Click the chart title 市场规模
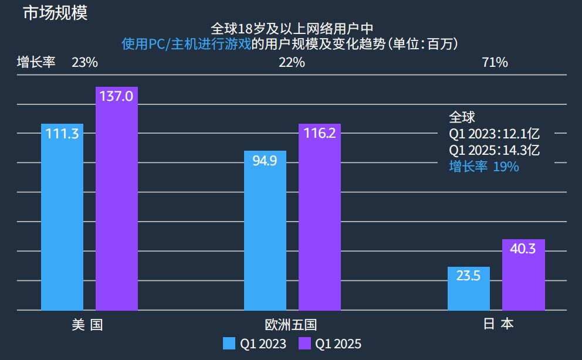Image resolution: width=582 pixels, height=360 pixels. (x=55, y=13)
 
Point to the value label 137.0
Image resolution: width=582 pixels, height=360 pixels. (x=117, y=96)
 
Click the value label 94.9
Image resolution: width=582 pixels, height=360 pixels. (x=265, y=160)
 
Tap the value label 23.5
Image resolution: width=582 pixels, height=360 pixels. (x=468, y=276)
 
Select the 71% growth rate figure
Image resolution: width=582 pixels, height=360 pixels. (x=495, y=63)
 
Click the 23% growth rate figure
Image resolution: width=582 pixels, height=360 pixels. (x=84, y=63)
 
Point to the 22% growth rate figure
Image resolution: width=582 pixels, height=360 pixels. (x=292, y=63)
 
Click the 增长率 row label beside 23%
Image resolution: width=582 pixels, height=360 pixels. (x=36, y=63)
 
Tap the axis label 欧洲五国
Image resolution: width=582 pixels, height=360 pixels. (x=291, y=325)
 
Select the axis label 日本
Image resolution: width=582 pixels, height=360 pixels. (x=498, y=325)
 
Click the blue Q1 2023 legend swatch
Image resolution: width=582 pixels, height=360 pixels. (x=229, y=344)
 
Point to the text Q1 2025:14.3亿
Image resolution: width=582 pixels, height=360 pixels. (x=494, y=150)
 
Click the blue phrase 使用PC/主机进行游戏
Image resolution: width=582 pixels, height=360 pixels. (x=186, y=44)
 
